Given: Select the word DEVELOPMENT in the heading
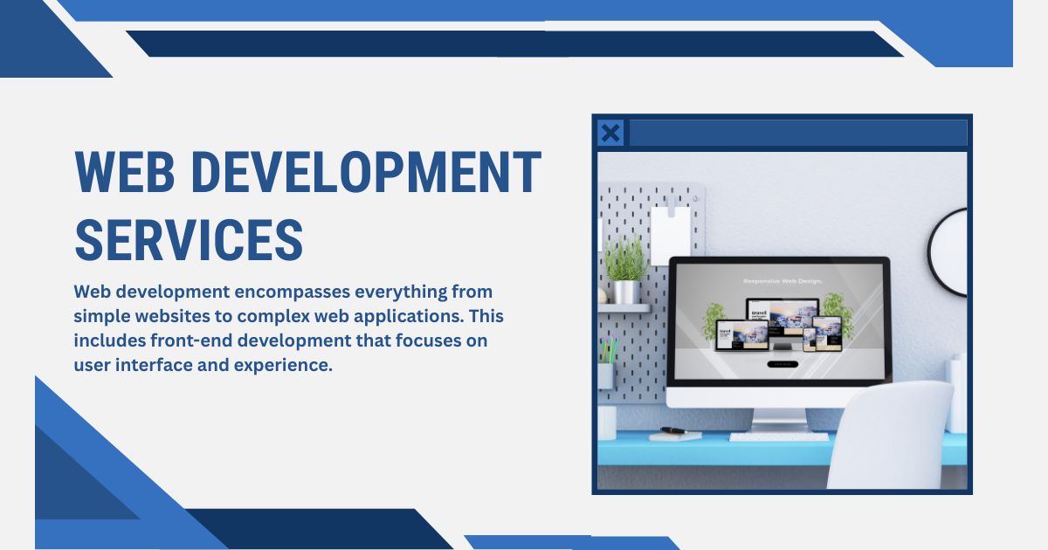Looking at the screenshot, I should (367, 172).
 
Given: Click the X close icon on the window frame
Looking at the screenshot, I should (611, 133).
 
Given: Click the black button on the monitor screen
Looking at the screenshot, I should (782, 364).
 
